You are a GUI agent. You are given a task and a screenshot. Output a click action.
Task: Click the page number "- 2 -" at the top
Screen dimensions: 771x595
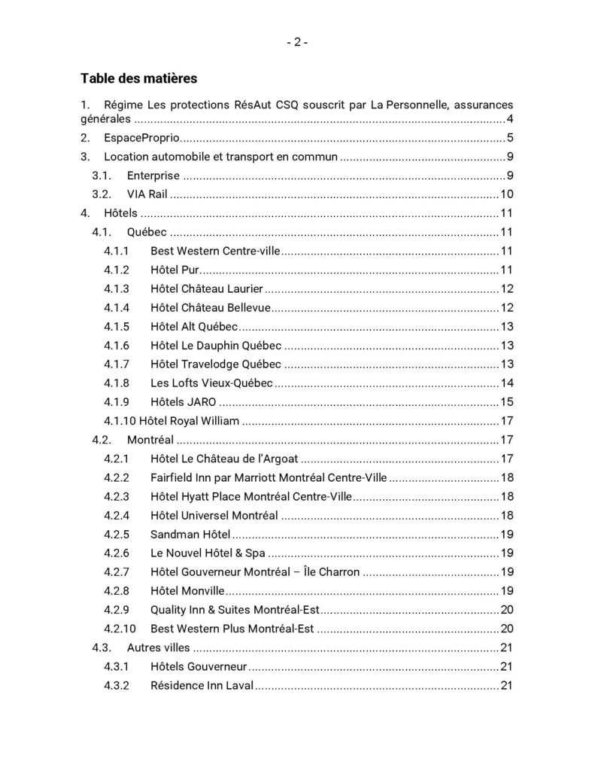tap(297, 43)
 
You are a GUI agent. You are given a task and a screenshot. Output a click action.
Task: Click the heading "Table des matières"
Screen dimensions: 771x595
tap(139, 78)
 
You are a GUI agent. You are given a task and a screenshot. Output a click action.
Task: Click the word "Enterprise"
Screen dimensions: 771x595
tap(153, 176)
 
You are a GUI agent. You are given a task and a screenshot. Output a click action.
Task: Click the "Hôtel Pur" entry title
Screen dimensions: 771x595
tap(174, 270)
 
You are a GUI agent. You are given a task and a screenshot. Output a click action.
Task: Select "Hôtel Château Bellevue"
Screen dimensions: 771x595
tap(210, 308)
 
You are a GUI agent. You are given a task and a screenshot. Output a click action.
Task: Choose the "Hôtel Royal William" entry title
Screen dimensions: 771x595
tap(190, 421)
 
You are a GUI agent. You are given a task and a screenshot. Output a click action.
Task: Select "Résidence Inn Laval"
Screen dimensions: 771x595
tap(202, 685)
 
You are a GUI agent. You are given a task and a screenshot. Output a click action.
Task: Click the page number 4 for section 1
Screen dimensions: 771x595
tap(509, 119)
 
